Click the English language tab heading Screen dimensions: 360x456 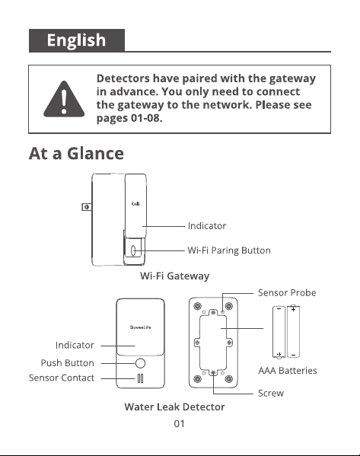[76, 40]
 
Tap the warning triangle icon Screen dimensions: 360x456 [64, 100]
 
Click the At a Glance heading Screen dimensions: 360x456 [76, 153]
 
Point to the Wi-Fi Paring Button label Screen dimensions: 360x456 [229, 250]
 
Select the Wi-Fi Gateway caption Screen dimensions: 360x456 [174, 276]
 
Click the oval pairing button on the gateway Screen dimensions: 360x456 [133, 250]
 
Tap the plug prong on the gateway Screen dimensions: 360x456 [87, 207]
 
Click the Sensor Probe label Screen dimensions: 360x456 [287, 292]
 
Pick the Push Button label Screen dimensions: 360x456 [68, 363]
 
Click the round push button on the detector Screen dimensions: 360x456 [140, 363]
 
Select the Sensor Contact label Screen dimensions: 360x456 [62, 378]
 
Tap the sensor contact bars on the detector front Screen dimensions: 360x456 [140, 378]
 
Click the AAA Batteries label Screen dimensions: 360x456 [288, 371]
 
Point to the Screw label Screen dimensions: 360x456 [271, 393]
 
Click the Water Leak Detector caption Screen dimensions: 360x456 [174, 407]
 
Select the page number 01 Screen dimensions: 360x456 [179, 424]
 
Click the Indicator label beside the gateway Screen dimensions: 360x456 [207, 225]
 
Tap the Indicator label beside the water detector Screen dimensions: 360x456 [75, 345]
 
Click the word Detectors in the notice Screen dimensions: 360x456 [123, 78]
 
